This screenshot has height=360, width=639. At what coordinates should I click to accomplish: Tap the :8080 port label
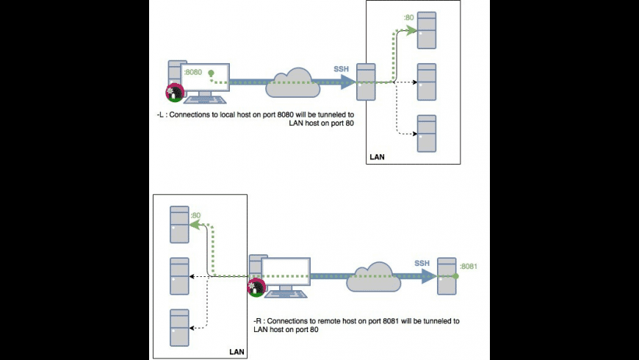coord(192,72)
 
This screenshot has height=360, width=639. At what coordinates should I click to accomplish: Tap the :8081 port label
coord(469,265)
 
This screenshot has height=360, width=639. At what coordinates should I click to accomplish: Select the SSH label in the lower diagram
coord(422,262)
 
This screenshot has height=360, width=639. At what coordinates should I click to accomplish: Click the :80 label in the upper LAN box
coord(409,17)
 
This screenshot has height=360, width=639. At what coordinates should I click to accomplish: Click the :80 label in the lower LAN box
coord(196,215)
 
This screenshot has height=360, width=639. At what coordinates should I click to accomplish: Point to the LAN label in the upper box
coord(376,157)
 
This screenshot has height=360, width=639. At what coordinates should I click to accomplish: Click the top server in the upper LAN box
coord(427,32)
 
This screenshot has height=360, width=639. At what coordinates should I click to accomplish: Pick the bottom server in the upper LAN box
coord(427,133)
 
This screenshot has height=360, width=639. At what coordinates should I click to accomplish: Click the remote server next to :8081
coord(445,276)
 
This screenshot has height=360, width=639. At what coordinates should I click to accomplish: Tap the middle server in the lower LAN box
coord(179,276)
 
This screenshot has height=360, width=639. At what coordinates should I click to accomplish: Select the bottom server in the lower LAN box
coord(179,328)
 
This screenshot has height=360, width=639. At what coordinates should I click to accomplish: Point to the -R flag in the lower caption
coord(257,321)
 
